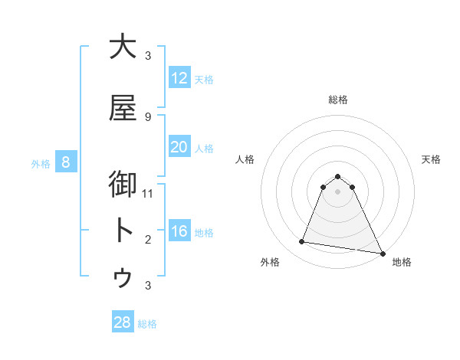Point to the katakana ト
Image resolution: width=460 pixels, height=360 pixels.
pos(123,231)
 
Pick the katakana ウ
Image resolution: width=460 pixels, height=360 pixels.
pos(123,278)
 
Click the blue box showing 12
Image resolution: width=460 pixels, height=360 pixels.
pos(179,78)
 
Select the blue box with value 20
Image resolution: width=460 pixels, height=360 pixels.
pos(179,147)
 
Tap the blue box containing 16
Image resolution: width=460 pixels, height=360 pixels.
pos(179,231)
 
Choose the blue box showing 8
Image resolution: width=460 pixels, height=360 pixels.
pos(66,162)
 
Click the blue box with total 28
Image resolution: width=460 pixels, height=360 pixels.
pos(122,322)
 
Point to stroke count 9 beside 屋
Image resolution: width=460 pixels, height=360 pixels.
pos(148,116)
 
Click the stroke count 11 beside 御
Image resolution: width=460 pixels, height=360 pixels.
pos(148,193)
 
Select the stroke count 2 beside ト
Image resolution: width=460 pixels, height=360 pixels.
pos(148,240)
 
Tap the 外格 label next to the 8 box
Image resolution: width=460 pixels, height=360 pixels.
pos(41,163)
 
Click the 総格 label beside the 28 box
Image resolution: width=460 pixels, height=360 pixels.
pos(147,324)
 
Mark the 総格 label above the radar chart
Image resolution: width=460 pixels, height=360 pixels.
pos(338,100)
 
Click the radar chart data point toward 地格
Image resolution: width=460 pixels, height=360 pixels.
pos(382,252)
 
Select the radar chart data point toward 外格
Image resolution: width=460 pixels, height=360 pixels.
pos(302,242)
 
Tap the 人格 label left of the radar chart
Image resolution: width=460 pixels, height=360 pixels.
pos(245,159)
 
